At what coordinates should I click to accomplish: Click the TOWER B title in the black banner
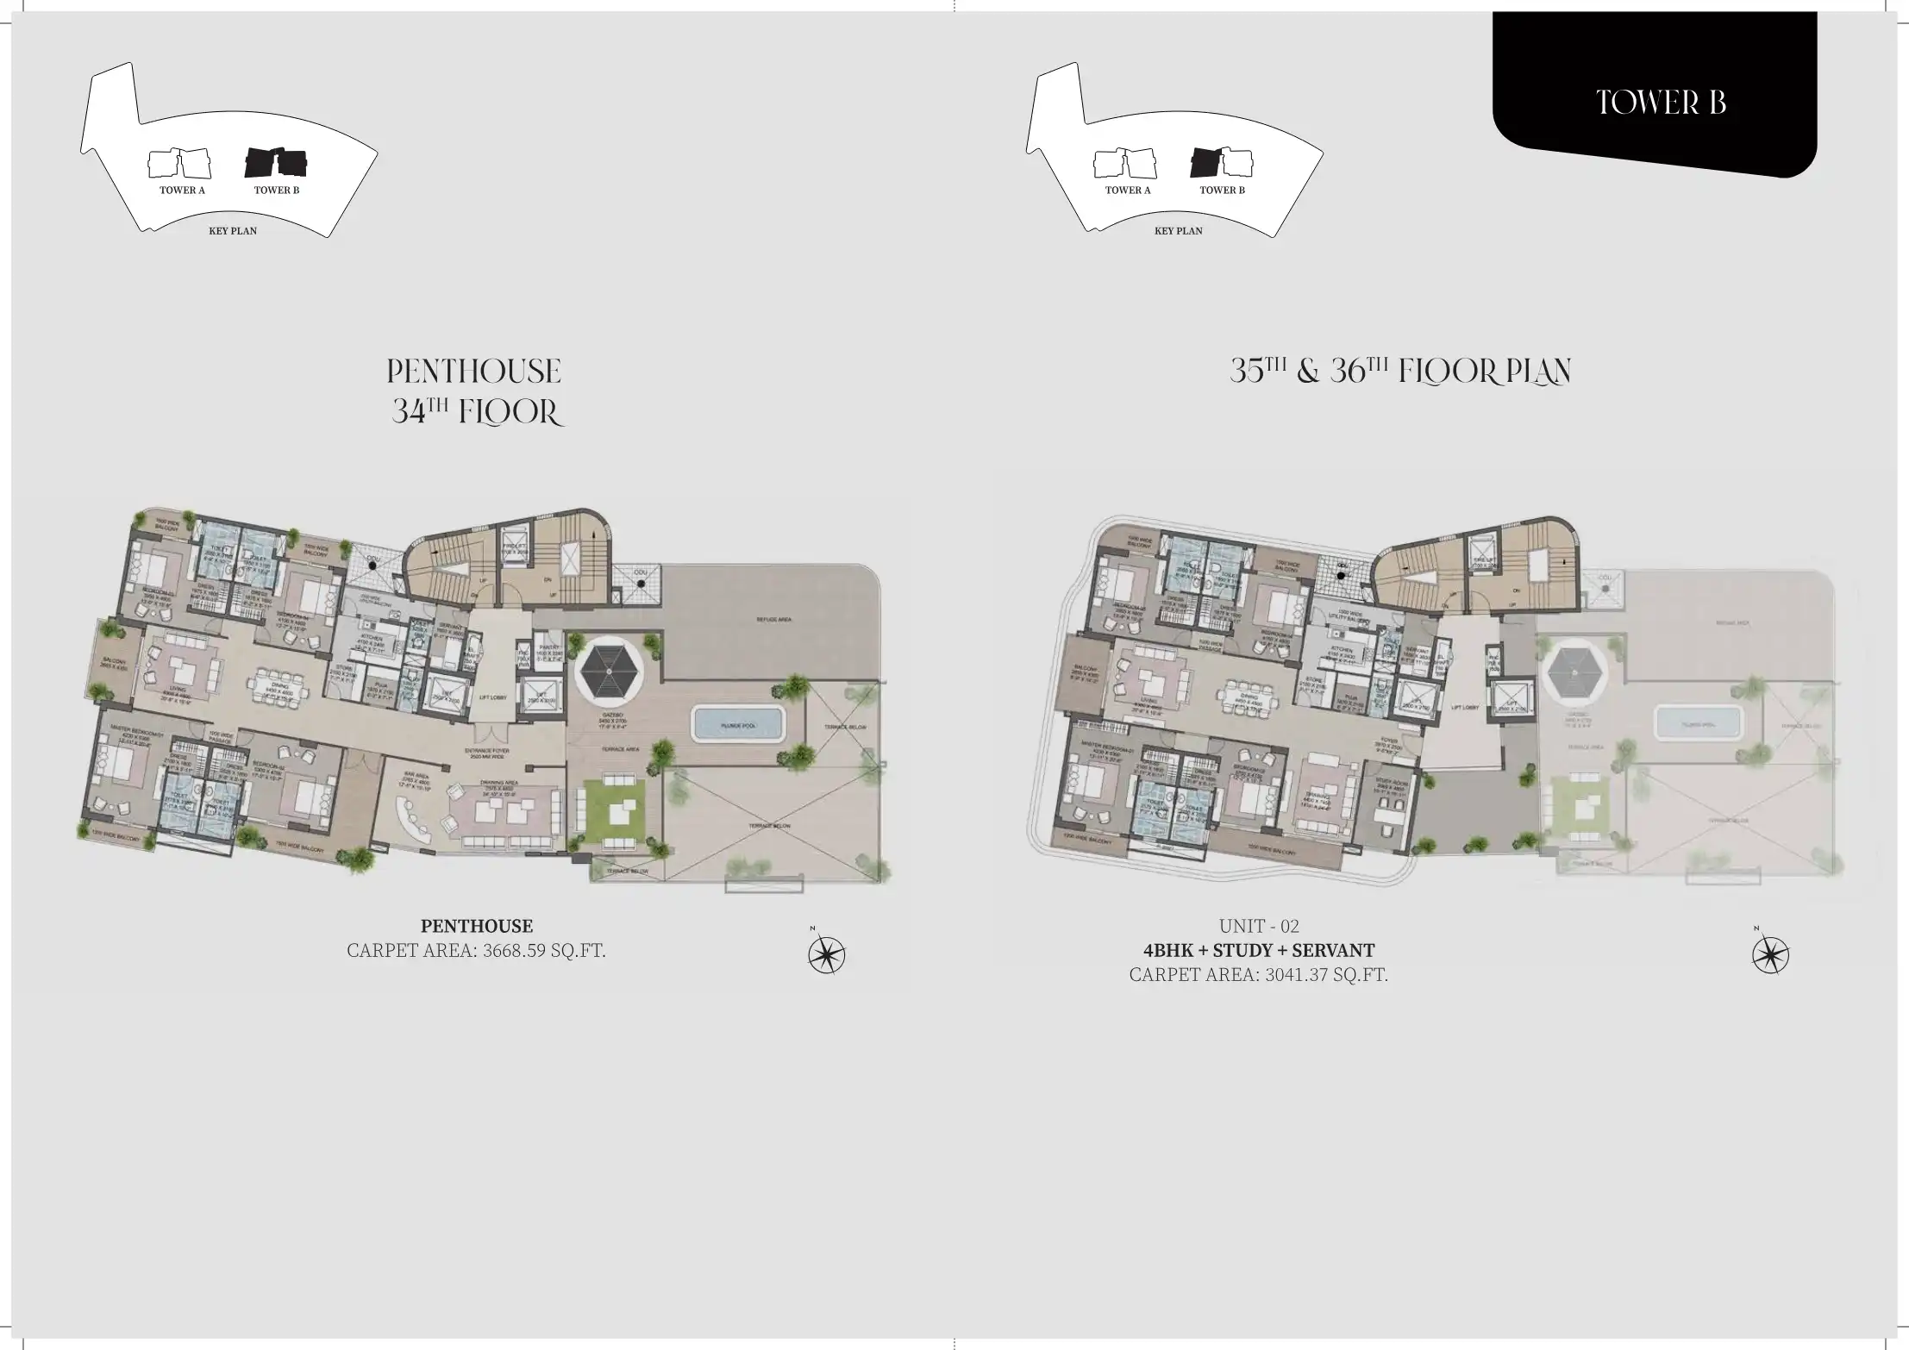tap(1661, 103)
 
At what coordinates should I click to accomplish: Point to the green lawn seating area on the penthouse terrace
tap(614, 814)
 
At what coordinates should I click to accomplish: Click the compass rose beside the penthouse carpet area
tap(826, 954)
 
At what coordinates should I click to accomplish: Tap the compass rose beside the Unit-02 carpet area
tap(1770, 954)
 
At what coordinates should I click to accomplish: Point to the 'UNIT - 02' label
tap(1259, 927)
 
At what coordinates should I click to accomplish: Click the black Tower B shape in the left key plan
tap(276, 161)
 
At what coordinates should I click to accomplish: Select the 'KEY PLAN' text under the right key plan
tap(1178, 231)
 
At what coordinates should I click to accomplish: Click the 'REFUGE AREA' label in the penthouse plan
tap(773, 620)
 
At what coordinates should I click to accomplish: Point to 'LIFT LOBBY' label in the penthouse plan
tap(492, 697)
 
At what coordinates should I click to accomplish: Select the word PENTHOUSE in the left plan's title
tap(473, 372)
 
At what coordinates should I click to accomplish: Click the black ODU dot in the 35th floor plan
tap(1342, 567)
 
